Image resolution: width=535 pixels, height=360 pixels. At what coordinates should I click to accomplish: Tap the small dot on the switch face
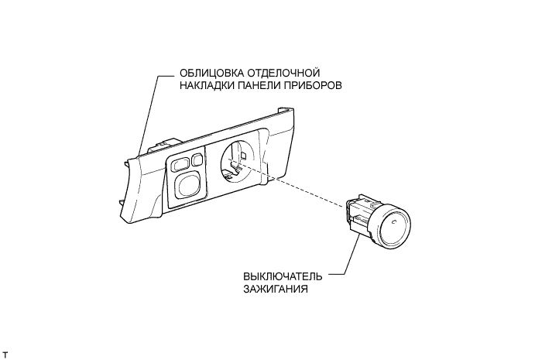pos(394,223)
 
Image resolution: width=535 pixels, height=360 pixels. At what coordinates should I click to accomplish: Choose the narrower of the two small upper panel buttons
pos(197,159)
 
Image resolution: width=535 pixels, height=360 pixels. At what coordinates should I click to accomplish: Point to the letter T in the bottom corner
pos(5,354)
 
